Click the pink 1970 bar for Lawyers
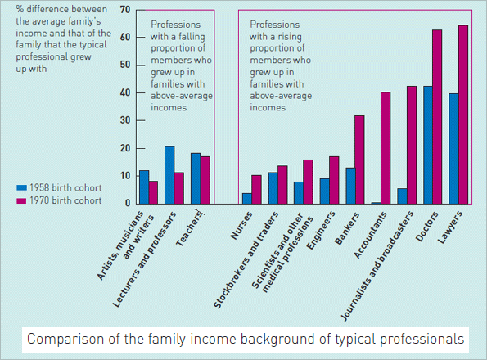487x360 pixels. pyautogui.click(x=462, y=115)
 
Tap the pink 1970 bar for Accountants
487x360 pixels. pyautogui.click(x=386, y=147)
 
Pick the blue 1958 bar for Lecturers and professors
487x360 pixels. pyautogui.click(x=169, y=174)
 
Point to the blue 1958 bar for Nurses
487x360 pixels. pyautogui.click(x=246, y=198)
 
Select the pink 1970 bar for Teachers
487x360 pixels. pyautogui.click(x=205, y=179)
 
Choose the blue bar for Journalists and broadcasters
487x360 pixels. pyautogui.click(x=401, y=196)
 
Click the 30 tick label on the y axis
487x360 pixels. pyautogui.click(x=125, y=120)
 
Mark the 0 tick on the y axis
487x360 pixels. pyautogui.click(x=128, y=203)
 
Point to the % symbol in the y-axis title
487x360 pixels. pyautogui.click(x=20, y=10)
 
